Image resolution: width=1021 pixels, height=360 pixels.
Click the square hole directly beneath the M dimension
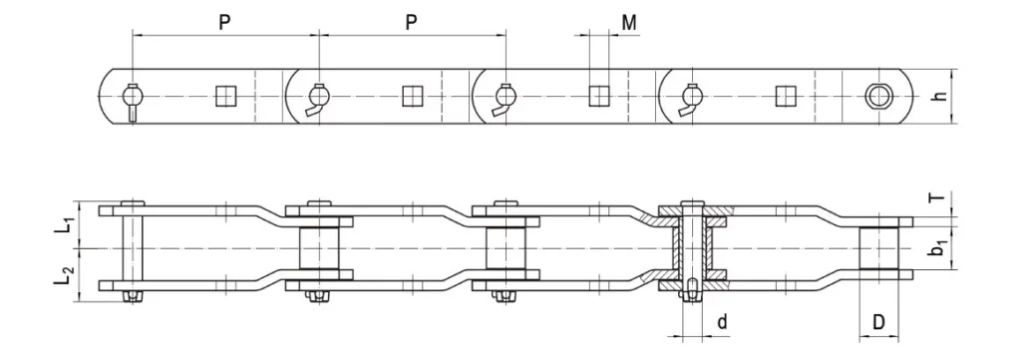click(x=598, y=96)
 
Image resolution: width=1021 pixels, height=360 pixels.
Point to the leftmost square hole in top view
click(x=225, y=96)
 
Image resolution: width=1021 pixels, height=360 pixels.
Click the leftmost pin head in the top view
click(x=132, y=97)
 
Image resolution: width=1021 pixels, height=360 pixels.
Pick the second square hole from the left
click(x=411, y=96)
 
